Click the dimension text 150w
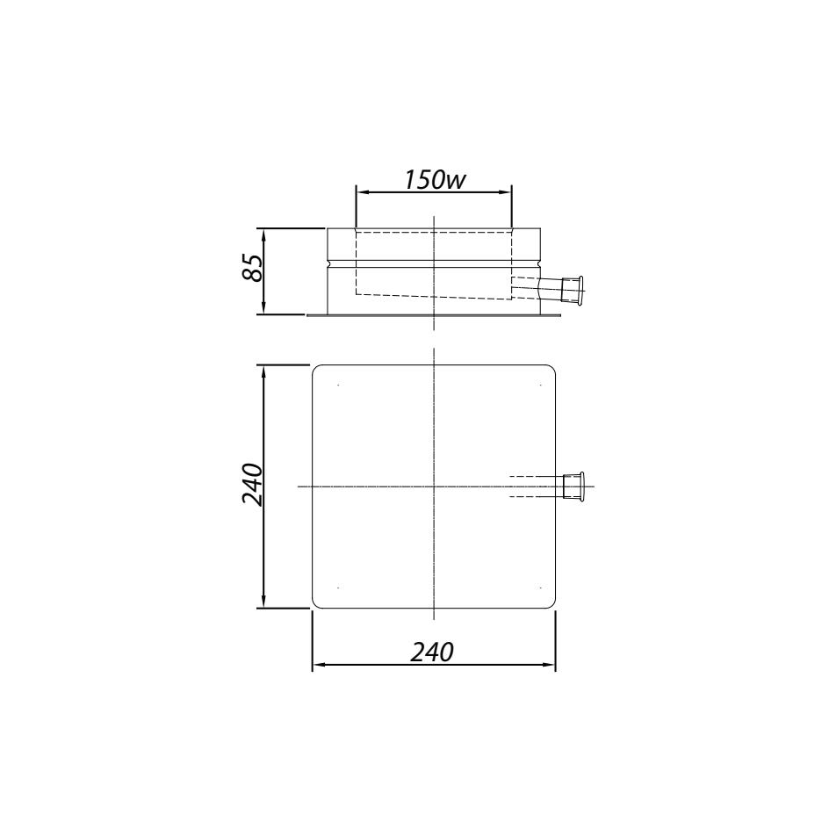(x=434, y=178)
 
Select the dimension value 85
(x=253, y=268)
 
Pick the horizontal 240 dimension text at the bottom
(x=432, y=652)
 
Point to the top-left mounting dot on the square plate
(x=339, y=385)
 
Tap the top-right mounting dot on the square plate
(x=539, y=385)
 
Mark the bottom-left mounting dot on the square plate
(x=339, y=587)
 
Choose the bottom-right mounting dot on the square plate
(x=539, y=587)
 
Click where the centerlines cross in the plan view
(x=435, y=486)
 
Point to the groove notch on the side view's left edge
(x=328, y=262)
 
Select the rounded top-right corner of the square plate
(x=551, y=369)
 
